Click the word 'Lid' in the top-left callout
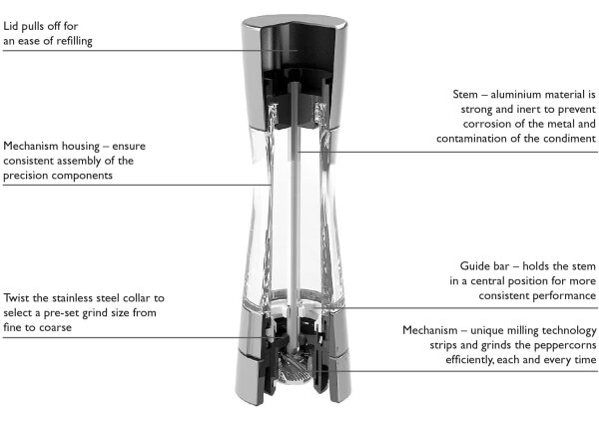coord(10,26)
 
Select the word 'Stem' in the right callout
coord(465,95)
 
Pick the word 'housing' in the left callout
coord(81,147)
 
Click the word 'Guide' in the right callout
coord(473,266)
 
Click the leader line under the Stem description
coord(447,152)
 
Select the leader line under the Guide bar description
coord(455,307)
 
